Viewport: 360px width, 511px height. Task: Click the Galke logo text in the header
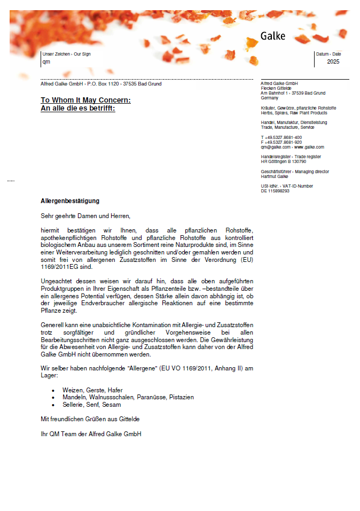click(273, 36)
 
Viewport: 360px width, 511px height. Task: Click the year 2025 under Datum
click(333, 61)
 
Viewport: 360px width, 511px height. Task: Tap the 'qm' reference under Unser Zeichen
click(46, 61)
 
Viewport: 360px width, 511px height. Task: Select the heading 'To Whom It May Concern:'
click(85, 100)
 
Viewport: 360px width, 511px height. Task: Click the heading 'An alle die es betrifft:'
click(78, 108)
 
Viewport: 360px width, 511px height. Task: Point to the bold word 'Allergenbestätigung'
click(70, 201)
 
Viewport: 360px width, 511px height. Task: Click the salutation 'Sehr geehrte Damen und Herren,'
click(85, 216)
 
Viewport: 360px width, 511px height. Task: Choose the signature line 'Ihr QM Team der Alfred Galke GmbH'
click(91, 434)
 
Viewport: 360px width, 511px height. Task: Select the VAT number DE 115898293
click(275, 191)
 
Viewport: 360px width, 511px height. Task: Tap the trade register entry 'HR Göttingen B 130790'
click(283, 161)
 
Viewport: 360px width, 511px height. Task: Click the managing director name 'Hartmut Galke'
click(275, 176)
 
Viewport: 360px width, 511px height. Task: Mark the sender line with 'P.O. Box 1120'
click(100, 84)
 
